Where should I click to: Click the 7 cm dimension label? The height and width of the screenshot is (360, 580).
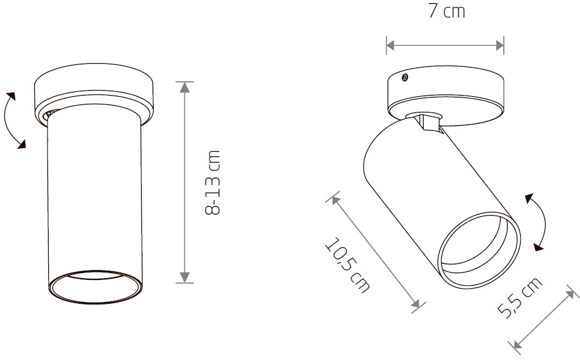446,11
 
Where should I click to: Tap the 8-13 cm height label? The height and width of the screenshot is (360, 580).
212,182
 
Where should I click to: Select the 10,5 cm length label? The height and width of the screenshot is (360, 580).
347,265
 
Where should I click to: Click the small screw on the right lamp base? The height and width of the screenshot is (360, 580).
405,77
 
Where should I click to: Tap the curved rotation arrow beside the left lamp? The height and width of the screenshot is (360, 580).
7,121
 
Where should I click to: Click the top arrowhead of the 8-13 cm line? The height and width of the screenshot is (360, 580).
184,87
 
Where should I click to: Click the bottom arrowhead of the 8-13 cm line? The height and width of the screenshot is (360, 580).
184,277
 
